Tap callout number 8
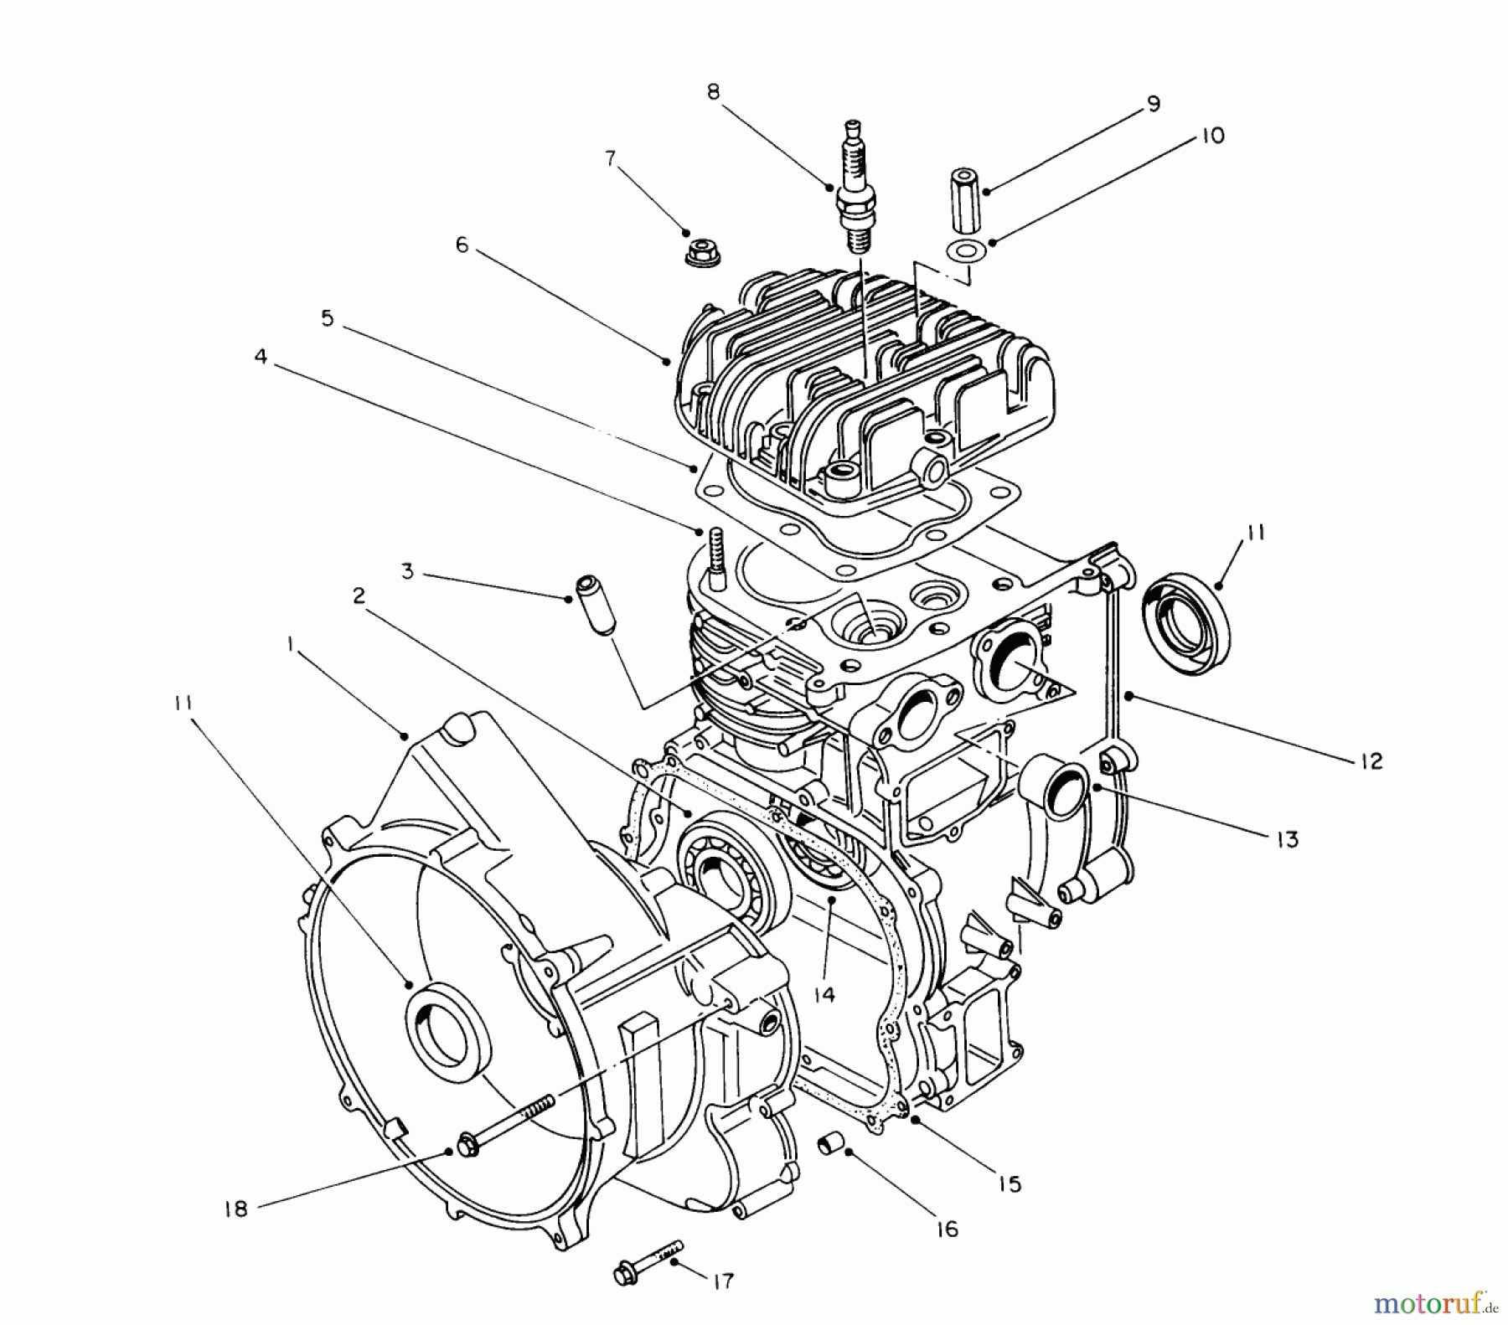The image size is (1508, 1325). (x=713, y=91)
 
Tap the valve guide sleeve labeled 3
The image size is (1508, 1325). (x=595, y=605)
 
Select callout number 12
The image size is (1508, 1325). (x=1371, y=761)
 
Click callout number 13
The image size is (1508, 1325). (x=1287, y=838)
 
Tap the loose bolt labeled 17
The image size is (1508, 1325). (x=649, y=1273)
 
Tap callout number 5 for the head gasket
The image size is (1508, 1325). (x=327, y=318)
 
